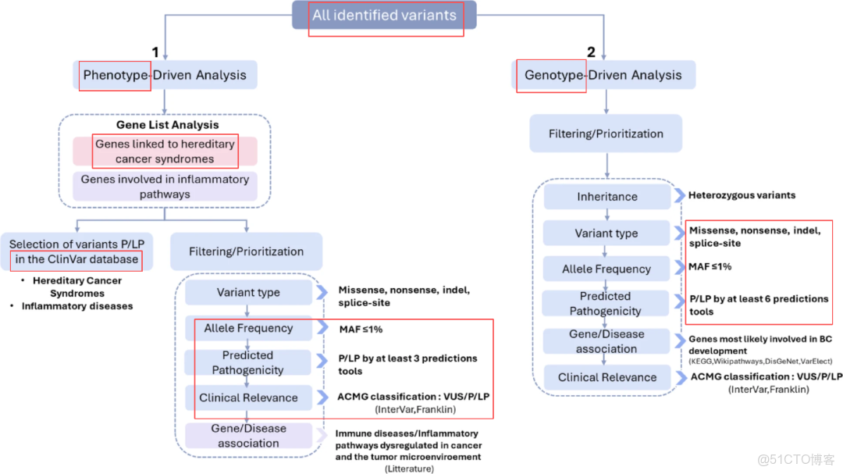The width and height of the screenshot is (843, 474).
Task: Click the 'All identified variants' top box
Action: pos(384,15)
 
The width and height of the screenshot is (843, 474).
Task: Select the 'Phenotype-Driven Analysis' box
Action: pos(165,75)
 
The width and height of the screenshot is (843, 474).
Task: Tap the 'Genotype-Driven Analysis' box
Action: pos(603,75)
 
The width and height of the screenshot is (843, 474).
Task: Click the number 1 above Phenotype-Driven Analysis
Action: pos(155,53)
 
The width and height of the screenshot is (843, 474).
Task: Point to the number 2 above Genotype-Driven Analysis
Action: pos(591,53)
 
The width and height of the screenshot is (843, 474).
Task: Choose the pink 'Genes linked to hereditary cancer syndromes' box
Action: pos(165,151)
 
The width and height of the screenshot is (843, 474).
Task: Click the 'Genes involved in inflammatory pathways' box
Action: pos(165,187)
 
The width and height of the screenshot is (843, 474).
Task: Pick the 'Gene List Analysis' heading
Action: pos(167,124)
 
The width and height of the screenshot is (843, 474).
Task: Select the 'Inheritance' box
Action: pos(606,197)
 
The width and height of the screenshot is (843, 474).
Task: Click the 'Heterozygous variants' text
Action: pos(742,195)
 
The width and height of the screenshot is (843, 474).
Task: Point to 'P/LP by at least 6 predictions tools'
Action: pos(758,305)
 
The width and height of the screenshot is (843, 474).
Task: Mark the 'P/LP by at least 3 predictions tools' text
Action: pos(407,365)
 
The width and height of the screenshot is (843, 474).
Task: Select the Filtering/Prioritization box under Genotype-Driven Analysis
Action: pos(606,134)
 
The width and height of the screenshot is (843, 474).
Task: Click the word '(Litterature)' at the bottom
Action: pos(407,469)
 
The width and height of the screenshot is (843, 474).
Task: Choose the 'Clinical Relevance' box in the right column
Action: pos(606,378)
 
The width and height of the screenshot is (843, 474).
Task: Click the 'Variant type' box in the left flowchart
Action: pos(247,293)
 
